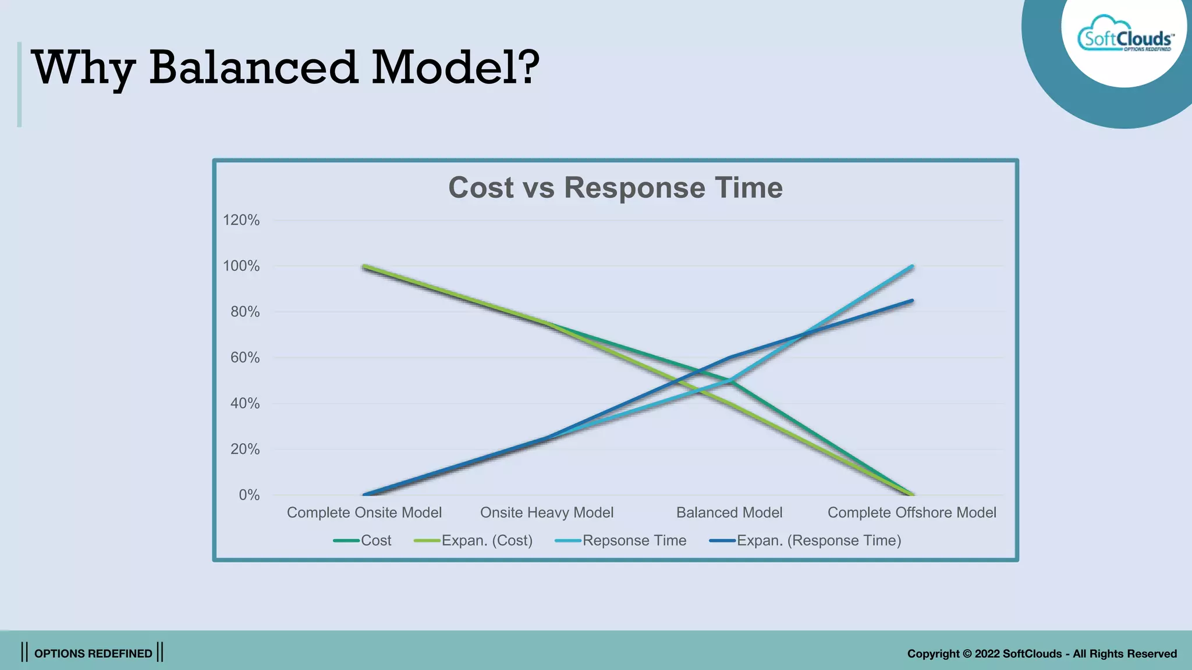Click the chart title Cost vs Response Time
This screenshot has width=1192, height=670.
point(615,188)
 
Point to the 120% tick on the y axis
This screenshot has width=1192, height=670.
point(241,220)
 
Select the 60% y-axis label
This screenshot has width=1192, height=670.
point(244,357)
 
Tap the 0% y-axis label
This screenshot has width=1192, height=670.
point(249,495)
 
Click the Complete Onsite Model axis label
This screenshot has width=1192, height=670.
point(364,512)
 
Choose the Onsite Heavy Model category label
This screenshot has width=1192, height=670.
point(547,512)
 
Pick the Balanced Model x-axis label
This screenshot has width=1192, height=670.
point(729,512)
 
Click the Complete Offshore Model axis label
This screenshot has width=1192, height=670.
point(911,512)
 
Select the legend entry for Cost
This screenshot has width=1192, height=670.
point(362,540)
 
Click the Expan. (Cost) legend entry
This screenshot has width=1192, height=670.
point(473,540)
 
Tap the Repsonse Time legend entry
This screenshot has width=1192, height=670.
point(620,540)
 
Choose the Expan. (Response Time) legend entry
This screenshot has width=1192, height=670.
point(805,540)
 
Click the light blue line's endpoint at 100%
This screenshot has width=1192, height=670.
point(911,266)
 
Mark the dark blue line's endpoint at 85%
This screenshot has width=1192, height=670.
point(911,301)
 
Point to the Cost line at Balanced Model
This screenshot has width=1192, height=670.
point(729,380)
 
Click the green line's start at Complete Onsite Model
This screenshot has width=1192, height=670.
point(364,266)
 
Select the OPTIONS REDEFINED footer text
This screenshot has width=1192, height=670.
point(93,653)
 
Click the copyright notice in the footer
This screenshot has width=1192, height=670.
point(1041,653)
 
